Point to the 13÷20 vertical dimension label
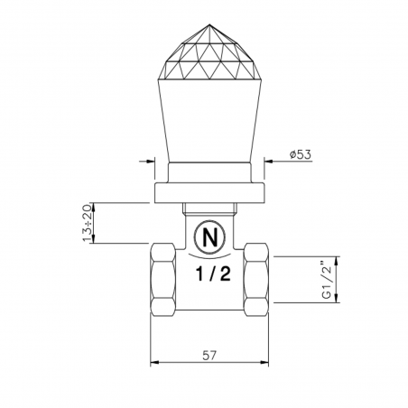[x=88, y=223]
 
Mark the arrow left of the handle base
[x=144, y=163]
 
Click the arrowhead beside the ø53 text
[x=268, y=163]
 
